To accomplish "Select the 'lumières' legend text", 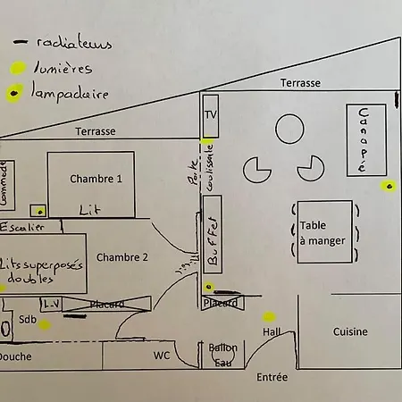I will point(63,68).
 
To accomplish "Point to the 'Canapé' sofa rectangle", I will point(363,140).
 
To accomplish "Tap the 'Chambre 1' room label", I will point(96,179).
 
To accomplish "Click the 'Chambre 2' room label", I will point(122,258).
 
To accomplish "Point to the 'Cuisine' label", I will point(350,331).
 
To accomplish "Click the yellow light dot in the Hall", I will point(268,316).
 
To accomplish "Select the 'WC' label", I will point(161,356).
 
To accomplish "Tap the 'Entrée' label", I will point(272,378).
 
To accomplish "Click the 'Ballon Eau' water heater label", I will point(222,355).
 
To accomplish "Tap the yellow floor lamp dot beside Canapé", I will point(389,186).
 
